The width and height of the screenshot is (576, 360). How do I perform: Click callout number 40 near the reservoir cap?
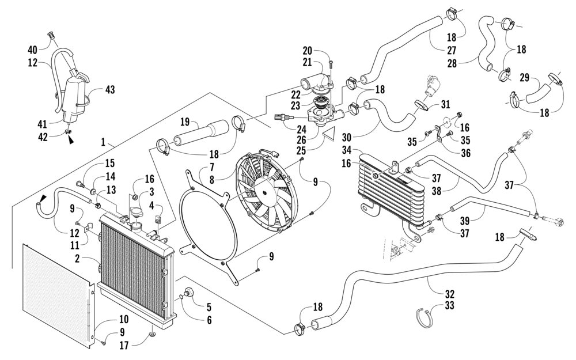[x=33, y=49]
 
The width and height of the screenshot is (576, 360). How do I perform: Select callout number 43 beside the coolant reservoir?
[x=110, y=89]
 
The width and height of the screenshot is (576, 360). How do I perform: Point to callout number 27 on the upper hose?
[x=451, y=50]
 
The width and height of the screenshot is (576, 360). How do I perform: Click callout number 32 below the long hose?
[x=450, y=294]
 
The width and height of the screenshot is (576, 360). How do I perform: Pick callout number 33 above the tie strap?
[x=449, y=305]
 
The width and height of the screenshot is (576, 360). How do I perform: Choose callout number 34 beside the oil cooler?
[x=347, y=150]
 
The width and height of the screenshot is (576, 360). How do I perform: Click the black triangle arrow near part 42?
[x=70, y=140]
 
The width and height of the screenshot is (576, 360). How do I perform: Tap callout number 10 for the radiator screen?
[x=123, y=319]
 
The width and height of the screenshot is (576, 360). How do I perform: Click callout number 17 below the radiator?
[x=124, y=345]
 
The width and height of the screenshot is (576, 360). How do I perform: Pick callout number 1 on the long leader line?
[x=103, y=142]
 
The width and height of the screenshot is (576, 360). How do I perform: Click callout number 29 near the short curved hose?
[x=525, y=78]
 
